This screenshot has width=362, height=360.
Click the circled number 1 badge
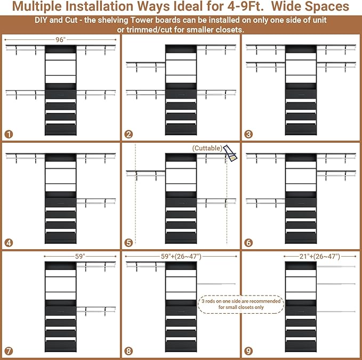click(9, 134)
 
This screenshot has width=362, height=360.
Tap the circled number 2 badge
click(128, 134)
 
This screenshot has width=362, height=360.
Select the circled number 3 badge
click(248, 134)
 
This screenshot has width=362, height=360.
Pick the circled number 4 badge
click(9, 243)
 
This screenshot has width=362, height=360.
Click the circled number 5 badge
click(128, 243)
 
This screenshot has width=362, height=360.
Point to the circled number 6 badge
click(248, 243)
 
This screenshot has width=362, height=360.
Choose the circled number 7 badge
click(9, 351)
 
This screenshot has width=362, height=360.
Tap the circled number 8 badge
click(128, 351)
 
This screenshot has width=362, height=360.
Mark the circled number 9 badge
click(248, 351)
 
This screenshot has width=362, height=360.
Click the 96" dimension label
click(61, 40)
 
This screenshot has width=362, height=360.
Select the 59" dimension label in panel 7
click(80, 257)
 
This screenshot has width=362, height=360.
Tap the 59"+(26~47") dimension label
click(181, 257)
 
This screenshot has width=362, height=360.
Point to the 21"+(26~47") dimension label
click(320, 257)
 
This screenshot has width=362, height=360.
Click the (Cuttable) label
click(207, 148)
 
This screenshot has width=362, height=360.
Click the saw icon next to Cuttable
click(230, 153)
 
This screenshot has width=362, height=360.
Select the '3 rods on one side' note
click(241, 304)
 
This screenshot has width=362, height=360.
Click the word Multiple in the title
click(37, 6)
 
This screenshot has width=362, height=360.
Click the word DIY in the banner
click(41, 20)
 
